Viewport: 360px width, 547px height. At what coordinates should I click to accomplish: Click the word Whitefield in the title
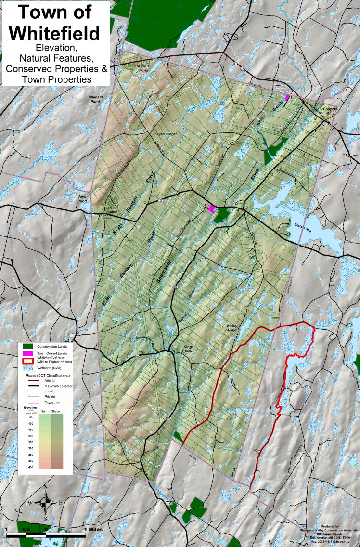(x=54, y=34)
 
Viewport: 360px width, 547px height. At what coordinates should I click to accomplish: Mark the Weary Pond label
(x=232, y=327)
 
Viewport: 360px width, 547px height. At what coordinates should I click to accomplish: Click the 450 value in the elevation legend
(x=30, y=466)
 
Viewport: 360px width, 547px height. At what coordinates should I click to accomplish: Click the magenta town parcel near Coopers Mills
(x=287, y=97)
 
